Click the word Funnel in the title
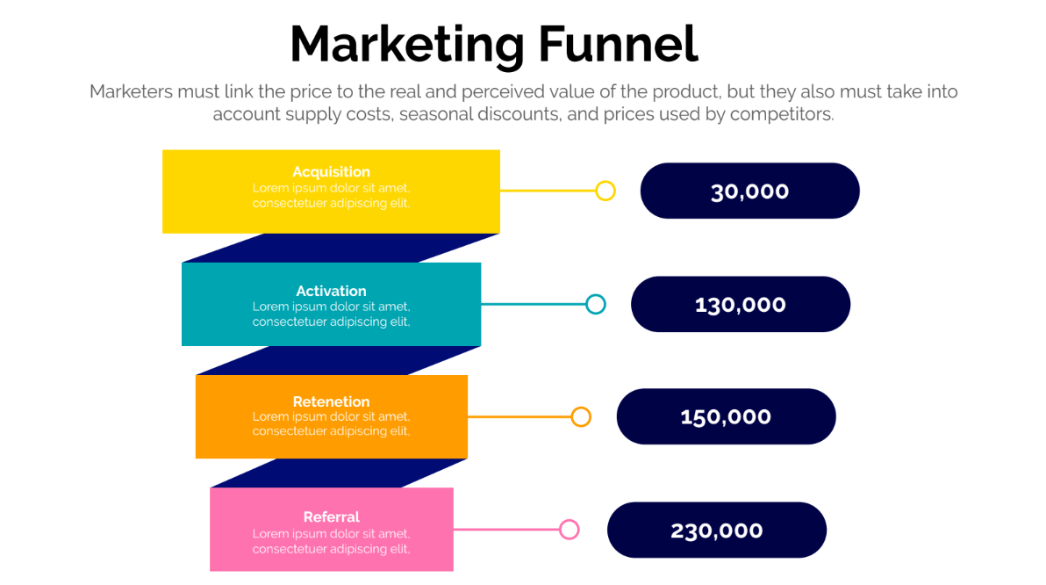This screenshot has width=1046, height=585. pyautogui.click(x=619, y=44)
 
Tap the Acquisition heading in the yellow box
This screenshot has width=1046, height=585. pyautogui.click(x=331, y=171)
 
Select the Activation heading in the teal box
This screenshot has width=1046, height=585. pyautogui.click(x=331, y=291)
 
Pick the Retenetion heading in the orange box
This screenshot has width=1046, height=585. pyautogui.click(x=331, y=401)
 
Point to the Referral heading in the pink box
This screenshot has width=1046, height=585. pyautogui.click(x=331, y=516)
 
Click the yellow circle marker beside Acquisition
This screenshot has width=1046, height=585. pyautogui.click(x=605, y=191)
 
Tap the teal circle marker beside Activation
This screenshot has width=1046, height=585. pyautogui.click(x=596, y=305)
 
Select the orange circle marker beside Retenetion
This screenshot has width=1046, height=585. pyautogui.click(x=581, y=416)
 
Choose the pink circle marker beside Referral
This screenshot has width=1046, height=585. pyautogui.click(x=569, y=530)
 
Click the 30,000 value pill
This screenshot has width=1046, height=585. pyautogui.click(x=749, y=191)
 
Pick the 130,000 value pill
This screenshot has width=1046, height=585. pyautogui.click(x=741, y=305)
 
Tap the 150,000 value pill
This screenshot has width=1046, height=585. pyautogui.click(x=726, y=416)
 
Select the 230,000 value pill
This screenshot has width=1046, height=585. pyautogui.click(x=716, y=531)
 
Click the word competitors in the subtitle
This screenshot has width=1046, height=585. pyautogui.click(x=782, y=114)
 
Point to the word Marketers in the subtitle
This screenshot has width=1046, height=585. pyautogui.click(x=132, y=91)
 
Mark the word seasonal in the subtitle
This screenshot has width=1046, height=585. pyautogui.click(x=436, y=114)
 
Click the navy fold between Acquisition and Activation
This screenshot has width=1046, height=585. pyautogui.click(x=340, y=248)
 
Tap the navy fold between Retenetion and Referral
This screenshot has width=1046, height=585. pyautogui.click(x=338, y=473)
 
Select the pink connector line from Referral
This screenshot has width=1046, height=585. pyautogui.click(x=506, y=530)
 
